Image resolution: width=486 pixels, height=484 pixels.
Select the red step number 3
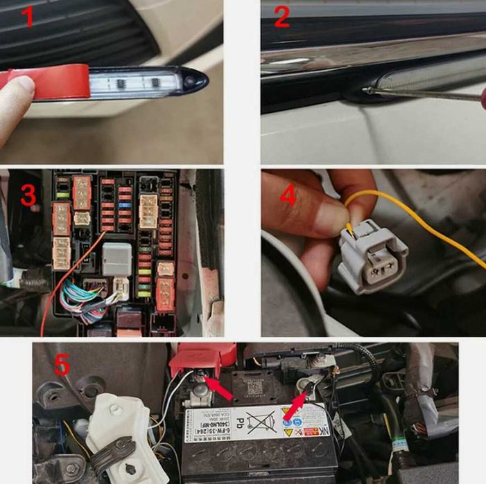(28, 196)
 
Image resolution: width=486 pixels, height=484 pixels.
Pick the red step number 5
(62, 365)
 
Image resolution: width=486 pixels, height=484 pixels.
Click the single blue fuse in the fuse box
(125, 206)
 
